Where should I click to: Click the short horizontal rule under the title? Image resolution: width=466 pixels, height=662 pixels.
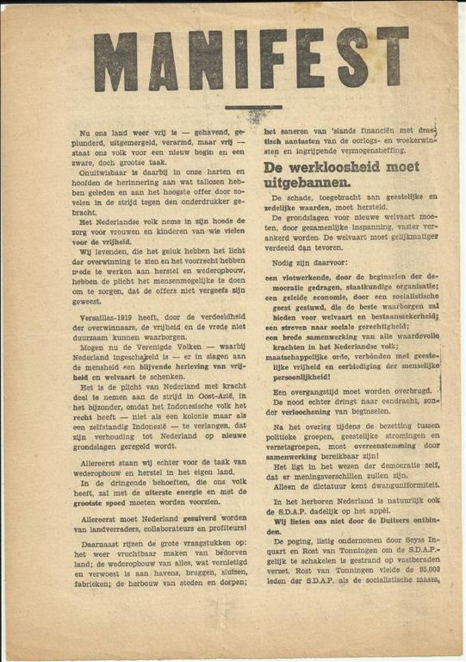(x=254, y=107)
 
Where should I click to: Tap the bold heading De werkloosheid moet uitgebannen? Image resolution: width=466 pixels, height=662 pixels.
(x=341, y=173)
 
